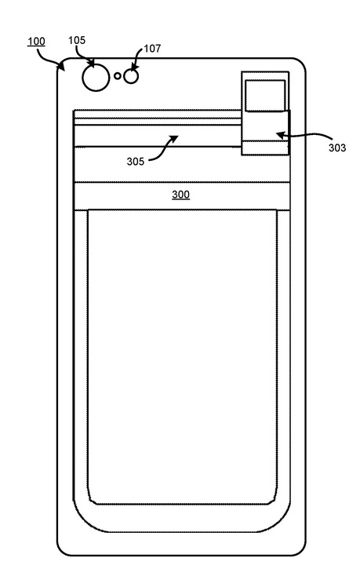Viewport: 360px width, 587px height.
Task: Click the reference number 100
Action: pos(36,41)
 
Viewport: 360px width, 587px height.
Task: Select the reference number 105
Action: pos(77,40)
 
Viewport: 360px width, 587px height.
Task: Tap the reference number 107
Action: pos(152,49)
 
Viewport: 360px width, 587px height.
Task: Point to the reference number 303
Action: pos(337,148)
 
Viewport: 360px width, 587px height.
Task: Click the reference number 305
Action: pos(136,162)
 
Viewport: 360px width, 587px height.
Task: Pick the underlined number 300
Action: pos(180,195)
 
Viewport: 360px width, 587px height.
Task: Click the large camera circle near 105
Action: pos(96,77)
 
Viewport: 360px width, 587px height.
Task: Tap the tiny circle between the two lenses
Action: pos(118,76)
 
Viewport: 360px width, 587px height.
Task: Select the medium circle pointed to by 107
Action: pos(131,76)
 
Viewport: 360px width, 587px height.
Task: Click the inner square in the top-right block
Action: pos(265,96)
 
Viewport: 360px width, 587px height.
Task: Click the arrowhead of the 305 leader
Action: pos(174,139)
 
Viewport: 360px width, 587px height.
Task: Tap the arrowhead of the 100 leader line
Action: pos(61,67)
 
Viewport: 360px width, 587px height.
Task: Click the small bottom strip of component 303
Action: pos(265,147)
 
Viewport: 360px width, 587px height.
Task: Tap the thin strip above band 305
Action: pos(157,122)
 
